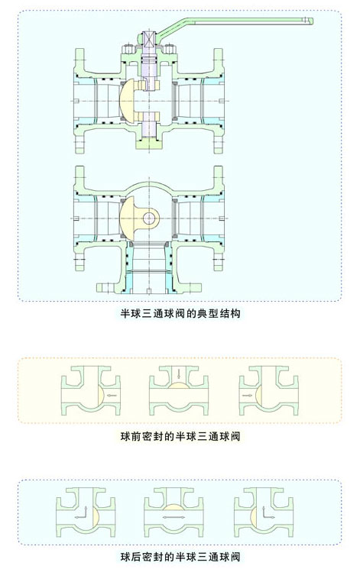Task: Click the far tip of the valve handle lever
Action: (x=313, y=21)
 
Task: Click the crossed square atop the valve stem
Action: (x=149, y=39)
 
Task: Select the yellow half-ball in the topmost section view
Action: (x=128, y=101)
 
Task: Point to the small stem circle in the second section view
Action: (x=149, y=218)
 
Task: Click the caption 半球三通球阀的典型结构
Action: (x=180, y=313)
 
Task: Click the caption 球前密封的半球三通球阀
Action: (x=180, y=436)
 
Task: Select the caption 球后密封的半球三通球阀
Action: (x=180, y=556)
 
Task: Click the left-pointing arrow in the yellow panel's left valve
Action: (x=112, y=395)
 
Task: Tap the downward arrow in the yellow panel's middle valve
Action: (x=178, y=373)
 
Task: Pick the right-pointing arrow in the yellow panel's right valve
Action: (x=248, y=395)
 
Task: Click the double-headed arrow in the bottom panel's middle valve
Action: (x=174, y=517)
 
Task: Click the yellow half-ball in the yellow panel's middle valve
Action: (x=179, y=385)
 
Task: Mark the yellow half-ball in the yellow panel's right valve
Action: (x=258, y=395)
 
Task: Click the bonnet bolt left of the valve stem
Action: (x=128, y=49)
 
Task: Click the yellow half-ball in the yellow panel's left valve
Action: (x=101, y=395)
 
